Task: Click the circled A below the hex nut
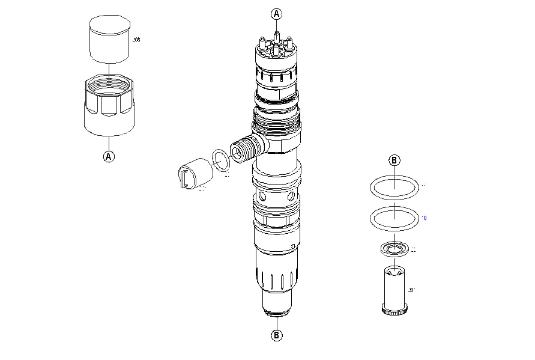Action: (109, 156)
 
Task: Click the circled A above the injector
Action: (276, 13)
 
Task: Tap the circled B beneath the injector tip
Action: (276, 335)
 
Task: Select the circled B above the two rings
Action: (394, 160)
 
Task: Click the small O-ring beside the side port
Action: (222, 160)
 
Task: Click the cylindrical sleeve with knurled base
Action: (394, 287)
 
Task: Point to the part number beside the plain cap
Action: (136, 40)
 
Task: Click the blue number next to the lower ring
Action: (425, 218)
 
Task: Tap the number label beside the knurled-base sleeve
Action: (412, 290)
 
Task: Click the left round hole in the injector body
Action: (262, 197)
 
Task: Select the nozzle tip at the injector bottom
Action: (276, 311)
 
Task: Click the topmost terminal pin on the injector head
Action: (276, 35)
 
